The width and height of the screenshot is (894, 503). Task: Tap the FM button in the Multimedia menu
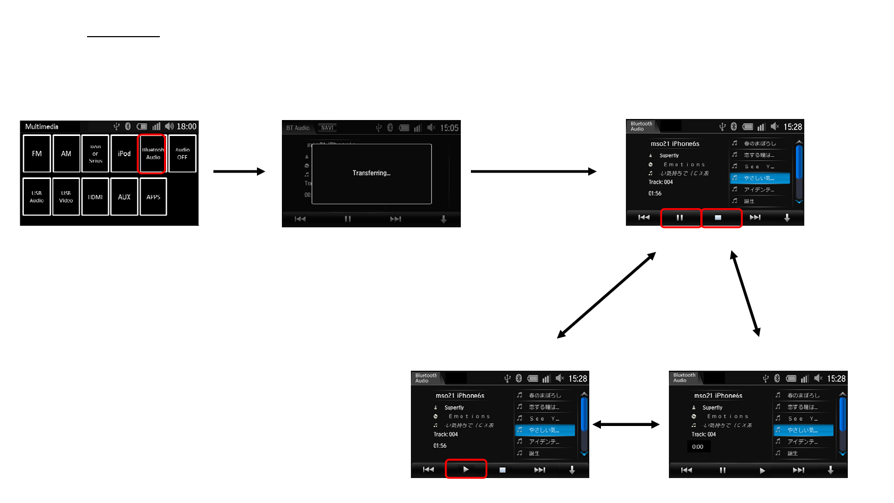pyautogui.click(x=37, y=154)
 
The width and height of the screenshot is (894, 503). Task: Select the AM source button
pyautogui.click(x=66, y=154)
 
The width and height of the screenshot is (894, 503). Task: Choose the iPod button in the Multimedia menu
pyautogui.click(x=124, y=154)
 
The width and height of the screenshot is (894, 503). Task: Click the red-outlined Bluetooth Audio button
pyautogui.click(x=153, y=154)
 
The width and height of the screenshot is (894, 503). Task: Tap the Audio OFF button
pyautogui.click(x=182, y=154)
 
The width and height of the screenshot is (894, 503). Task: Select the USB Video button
pyautogui.click(x=66, y=197)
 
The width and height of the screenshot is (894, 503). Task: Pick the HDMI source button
pyautogui.click(x=95, y=197)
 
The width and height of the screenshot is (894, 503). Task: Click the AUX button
pyautogui.click(x=124, y=197)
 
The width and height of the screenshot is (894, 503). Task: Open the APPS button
pyautogui.click(x=153, y=197)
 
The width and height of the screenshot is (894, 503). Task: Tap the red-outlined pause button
pyautogui.click(x=680, y=218)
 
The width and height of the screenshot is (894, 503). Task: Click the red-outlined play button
pyautogui.click(x=466, y=469)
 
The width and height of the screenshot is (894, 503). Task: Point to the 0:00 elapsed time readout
pyautogui.click(x=698, y=447)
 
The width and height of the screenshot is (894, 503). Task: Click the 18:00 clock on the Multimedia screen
pyautogui.click(x=186, y=126)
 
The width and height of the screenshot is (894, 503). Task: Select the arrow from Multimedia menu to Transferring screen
pyautogui.click(x=239, y=172)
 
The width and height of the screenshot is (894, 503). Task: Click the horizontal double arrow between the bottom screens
pyautogui.click(x=626, y=424)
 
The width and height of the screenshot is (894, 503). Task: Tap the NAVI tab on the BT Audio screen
pyautogui.click(x=327, y=128)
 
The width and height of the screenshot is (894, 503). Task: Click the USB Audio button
pyautogui.click(x=37, y=197)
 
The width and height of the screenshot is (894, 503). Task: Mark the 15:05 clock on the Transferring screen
pyautogui.click(x=449, y=128)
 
